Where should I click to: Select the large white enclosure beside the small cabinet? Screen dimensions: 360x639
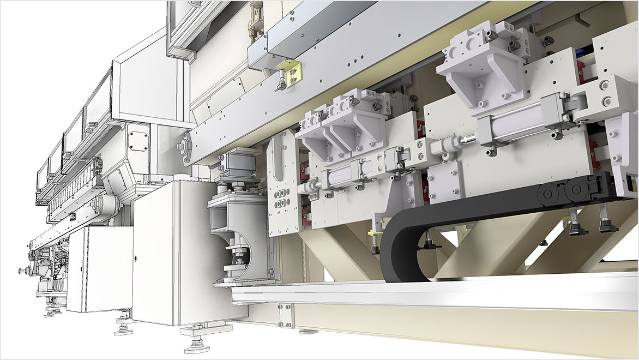(x=164, y=256)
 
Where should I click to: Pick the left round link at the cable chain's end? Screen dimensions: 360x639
(x=547, y=191)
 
